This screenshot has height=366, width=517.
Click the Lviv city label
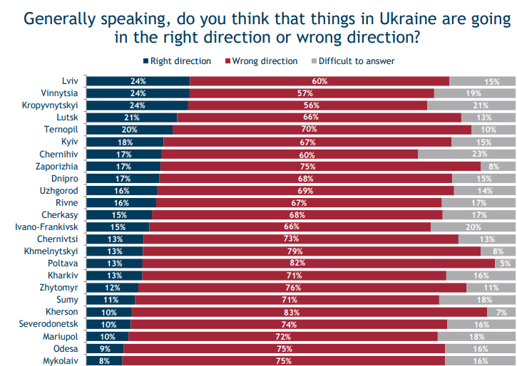pos(68,81)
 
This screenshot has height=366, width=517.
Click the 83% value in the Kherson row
pos(309,312)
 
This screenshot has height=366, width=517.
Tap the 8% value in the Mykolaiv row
pos(104,361)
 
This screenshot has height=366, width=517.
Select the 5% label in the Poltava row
pos(504,263)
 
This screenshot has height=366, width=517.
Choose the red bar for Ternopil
pos(322,130)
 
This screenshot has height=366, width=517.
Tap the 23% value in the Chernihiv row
pos(479,154)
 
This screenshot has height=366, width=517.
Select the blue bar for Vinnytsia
pos(138,93)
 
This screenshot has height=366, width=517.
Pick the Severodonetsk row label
pos(48,324)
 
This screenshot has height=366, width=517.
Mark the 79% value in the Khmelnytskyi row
pos(312,251)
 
